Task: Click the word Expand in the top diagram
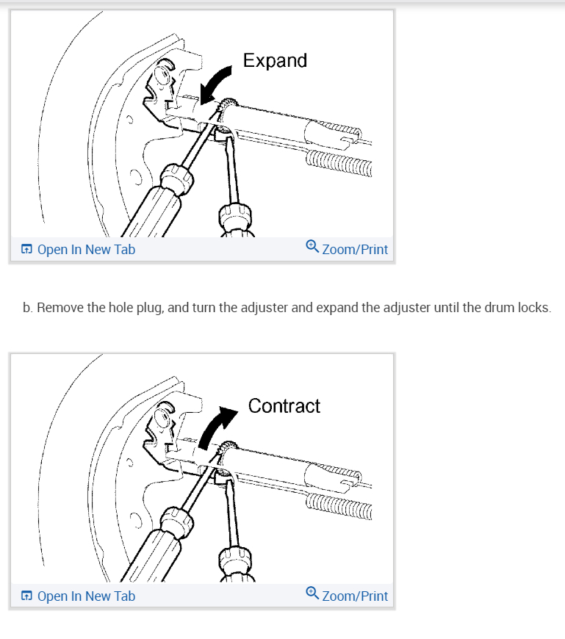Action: pos(275,60)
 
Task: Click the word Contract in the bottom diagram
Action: pos(284,405)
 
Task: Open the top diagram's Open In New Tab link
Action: pos(85,249)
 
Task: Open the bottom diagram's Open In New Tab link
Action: pos(85,596)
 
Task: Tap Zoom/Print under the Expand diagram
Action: pos(354,249)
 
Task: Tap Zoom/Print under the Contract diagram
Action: pos(354,596)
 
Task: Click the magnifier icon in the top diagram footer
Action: pos(312,248)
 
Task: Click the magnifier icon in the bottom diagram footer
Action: pos(312,594)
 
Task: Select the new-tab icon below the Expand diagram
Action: pos(26,250)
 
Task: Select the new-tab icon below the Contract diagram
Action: pos(26,596)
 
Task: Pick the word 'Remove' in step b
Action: pos(60,307)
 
